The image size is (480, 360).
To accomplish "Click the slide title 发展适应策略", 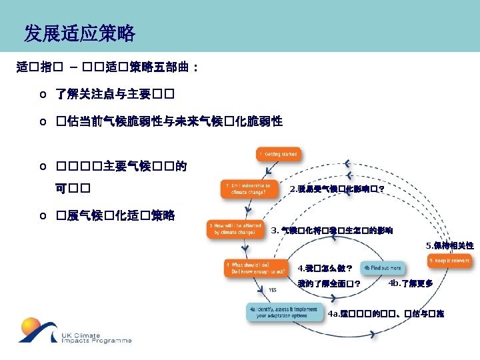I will click(79, 33).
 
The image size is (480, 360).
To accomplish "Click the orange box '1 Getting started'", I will click(279, 155).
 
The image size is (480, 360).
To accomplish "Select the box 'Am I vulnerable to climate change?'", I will click(247, 189).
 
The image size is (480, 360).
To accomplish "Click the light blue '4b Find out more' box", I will click(383, 268).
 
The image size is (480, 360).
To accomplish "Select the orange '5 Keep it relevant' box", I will click(450, 260).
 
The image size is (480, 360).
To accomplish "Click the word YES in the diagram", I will click(273, 290).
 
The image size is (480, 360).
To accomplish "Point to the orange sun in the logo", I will click(32, 329).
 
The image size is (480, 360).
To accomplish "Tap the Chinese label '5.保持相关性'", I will click(450, 245).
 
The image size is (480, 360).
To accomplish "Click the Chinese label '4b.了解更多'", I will click(411, 283).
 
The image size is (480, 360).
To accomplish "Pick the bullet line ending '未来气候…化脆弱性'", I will click(169, 121).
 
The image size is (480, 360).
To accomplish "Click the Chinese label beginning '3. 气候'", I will click(332, 231).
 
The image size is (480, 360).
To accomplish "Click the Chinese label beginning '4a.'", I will click(386, 313).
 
